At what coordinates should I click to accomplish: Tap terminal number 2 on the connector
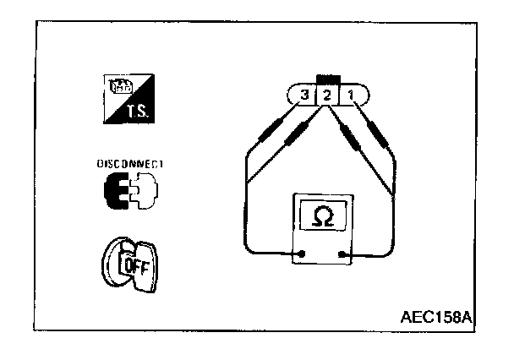pos(327,95)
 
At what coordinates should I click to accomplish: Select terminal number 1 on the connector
pos(348,95)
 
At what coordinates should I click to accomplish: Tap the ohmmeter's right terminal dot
pos(342,254)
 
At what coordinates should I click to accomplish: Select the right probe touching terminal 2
pos(348,134)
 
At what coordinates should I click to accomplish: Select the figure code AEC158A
pos(435,318)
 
